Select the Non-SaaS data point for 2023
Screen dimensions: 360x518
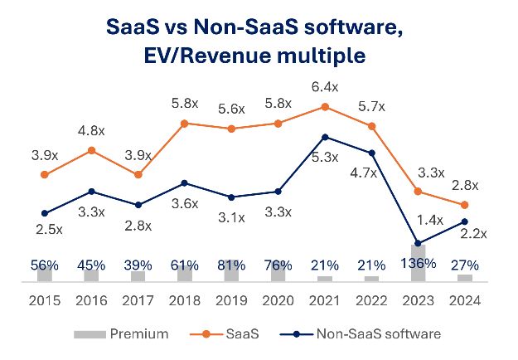pyautogui.click(x=419, y=244)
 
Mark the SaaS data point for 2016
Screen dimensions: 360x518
pyautogui.click(x=92, y=150)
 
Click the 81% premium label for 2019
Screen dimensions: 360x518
pyautogui.click(x=232, y=265)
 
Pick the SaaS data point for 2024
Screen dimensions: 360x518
pyautogui.click(x=466, y=205)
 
